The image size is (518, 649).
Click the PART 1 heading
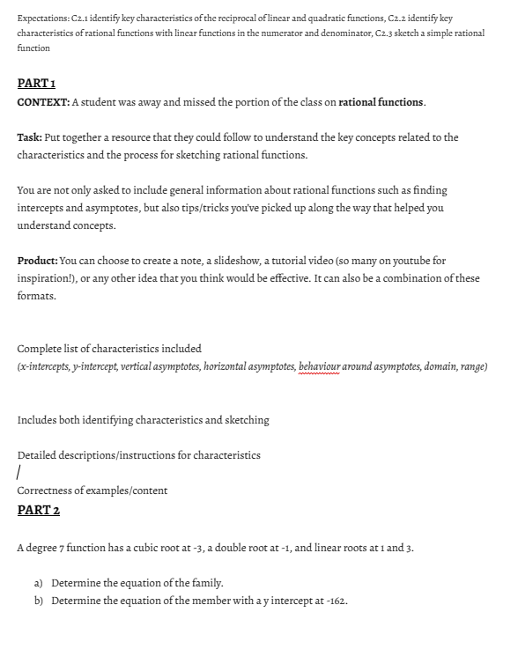[37, 83]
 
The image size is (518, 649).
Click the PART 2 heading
[39, 510]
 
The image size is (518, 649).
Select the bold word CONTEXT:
[42, 102]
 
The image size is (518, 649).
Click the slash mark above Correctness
[19, 473]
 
